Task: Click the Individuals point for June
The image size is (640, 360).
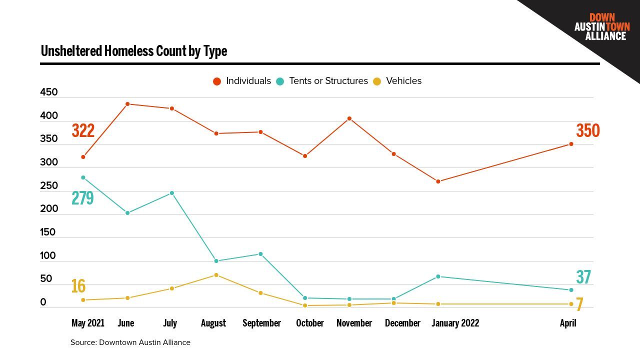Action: (x=127, y=104)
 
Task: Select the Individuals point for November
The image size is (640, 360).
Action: (x=349, y=118)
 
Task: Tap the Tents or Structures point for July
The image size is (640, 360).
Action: (x=172, y=193)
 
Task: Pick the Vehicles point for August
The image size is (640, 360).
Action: (x=216, y=275)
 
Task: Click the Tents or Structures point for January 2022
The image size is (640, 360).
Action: (x=438, y=276)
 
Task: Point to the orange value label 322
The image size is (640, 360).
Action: (x=83, y=130)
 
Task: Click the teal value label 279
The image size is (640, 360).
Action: (x=82, y=198)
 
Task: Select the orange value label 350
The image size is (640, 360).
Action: (x=587, y=130)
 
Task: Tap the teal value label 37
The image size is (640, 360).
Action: (x=583, y=277)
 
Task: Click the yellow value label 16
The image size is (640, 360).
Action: (x=78, y=286)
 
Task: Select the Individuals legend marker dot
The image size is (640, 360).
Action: (x=217, y=81)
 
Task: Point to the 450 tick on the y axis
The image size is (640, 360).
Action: (x=49, y=92)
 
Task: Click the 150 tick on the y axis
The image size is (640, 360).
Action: (x=48, y=232)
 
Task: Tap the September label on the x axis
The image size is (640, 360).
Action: (x=261, y=323)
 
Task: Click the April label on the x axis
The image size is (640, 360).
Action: (x=568, y=323)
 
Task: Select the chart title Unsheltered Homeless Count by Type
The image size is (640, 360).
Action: (x=134, y=51)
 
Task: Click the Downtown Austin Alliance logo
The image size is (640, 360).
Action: (x=601, y=27)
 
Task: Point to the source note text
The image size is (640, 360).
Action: (x=130, y=342)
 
